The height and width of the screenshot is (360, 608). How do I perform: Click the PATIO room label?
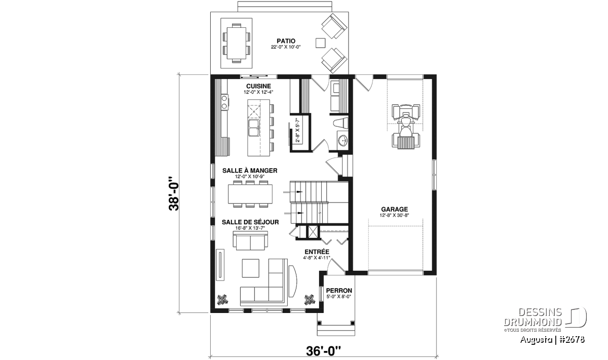[x=286, y=41]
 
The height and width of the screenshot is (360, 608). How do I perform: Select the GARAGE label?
[x=394, y=209]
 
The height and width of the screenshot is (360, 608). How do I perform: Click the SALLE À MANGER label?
[x=250, y=170]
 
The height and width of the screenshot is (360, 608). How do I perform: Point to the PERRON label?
[x=339, y=291]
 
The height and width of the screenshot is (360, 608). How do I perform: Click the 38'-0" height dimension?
[x=174, y=194]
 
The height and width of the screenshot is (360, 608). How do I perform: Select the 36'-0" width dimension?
[x=323, y=351]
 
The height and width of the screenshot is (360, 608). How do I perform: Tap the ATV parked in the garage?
[x=406, y=127]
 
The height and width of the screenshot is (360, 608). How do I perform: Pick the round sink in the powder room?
[x=343, y=140]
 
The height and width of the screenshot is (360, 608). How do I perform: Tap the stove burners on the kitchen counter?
[x=224, y=102]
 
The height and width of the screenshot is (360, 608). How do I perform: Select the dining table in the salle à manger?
[x=250, y=194]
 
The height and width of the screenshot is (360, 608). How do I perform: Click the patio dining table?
[x=236, y=44]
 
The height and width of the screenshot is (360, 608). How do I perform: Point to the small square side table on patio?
[x=320, y=43]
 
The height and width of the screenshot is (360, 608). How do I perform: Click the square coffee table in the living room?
[x=250, y=268]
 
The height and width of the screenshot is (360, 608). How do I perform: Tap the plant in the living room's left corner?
[x=222, y=300]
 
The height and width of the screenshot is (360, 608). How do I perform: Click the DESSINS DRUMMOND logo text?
[x=533, y=317]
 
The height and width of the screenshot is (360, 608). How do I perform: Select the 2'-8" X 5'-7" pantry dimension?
[x=297, y=130]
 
